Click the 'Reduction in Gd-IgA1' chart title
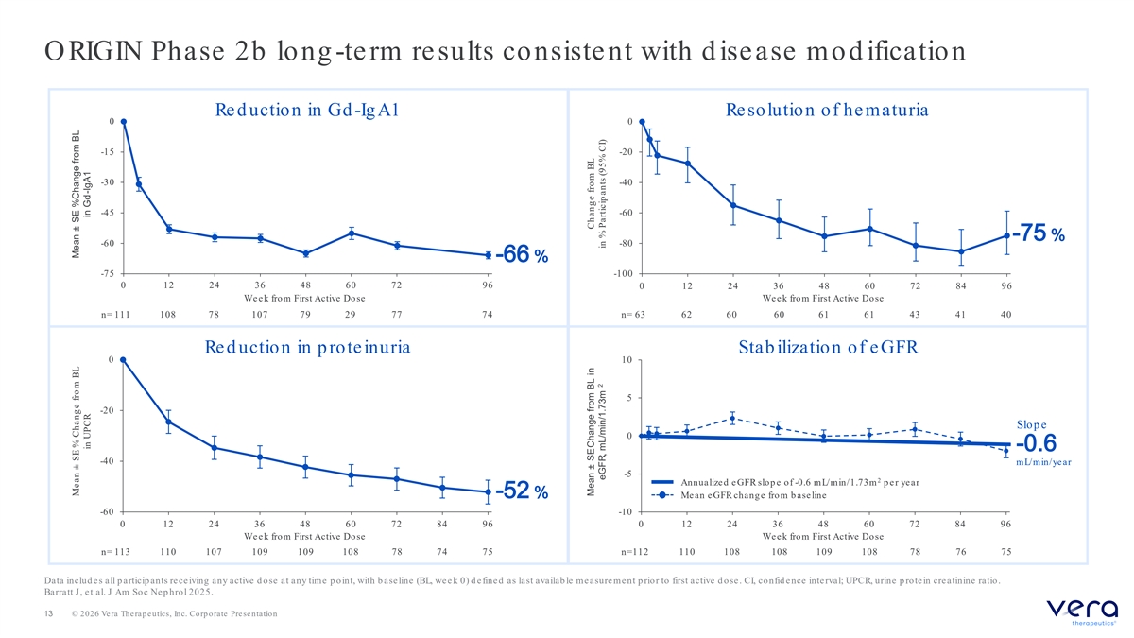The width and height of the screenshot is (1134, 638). tap(307, 110)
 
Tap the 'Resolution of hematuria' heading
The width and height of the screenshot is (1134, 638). tap(827, 110)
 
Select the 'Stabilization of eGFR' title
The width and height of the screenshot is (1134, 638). tap(828, 348)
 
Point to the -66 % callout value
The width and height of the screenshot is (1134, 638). tap(522, 254)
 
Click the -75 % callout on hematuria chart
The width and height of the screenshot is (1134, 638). tap(1039, 233)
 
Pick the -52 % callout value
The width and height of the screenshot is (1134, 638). tap(522, 491)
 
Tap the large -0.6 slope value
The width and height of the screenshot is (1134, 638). tap(1037, 443)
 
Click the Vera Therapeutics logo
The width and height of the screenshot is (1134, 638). tap(1082, 612)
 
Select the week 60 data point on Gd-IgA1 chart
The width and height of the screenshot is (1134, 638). tap(352, 233)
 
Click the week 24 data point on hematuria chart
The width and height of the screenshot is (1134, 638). tap(733, 205)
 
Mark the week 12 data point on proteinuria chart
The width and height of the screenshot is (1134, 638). tap(168, 422)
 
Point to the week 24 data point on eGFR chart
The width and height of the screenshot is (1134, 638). tap(732, 418)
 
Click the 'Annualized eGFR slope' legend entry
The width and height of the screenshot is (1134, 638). tap(785, 482)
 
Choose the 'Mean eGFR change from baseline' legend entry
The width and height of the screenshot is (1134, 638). tap(739, 495)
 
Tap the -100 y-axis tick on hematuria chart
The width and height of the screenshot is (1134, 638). tap(623, 274)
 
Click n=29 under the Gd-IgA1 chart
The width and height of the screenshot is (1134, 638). tap(351, 315)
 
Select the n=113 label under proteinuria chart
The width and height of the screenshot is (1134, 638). tap(115, 552)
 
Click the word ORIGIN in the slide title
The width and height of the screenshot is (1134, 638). tap(94, 51)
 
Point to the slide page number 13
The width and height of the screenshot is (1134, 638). tap(48, 613)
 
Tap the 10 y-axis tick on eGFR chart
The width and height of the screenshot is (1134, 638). tap(627, 360)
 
